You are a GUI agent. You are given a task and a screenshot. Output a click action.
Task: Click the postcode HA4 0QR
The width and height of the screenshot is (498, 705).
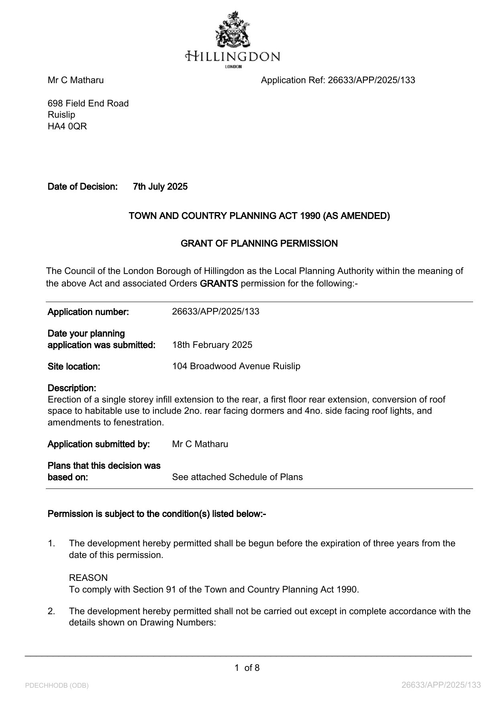(x=67, y=126)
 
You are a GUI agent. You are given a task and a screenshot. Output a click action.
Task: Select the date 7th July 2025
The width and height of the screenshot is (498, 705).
(x=160, y=186)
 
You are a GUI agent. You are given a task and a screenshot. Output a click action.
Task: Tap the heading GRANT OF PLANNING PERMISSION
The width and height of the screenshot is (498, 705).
(x=259, y=243)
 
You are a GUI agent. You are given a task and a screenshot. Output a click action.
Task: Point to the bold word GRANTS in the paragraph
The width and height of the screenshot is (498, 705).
(x=219, y=284)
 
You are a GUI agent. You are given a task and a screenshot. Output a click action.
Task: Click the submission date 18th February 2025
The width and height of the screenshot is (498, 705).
(x=212, y=345)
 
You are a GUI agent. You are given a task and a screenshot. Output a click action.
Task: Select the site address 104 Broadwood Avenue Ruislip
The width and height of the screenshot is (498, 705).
(x=236, y=366)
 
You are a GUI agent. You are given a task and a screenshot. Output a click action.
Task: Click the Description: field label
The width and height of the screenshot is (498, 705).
(x=72, y=388)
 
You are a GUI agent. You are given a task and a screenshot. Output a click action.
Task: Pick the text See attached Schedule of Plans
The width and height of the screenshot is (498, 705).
(x=237, y=477)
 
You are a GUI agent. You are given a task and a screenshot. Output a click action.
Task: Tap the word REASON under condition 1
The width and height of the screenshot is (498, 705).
(x=88, y=578)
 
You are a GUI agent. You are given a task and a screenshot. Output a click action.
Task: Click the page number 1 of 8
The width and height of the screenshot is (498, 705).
(x=247, y=668)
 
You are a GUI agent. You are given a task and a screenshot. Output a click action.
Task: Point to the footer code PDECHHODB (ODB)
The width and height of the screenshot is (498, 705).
(x=57, y=685)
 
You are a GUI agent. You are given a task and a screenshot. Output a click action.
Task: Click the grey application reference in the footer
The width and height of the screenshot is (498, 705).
(x=441, y=685)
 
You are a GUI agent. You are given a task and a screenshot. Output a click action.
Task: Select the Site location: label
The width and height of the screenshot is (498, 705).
(x=74, y=366)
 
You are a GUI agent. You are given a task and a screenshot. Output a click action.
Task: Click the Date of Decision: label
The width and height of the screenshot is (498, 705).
(x=83, y=186)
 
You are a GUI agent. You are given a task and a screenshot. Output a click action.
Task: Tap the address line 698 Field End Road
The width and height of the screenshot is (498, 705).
(x=88, y=103)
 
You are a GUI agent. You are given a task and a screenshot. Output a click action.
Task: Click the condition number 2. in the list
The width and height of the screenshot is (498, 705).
(x=51, y=611)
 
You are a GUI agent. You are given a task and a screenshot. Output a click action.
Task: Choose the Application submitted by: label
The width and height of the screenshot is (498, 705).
(x=99, y=444)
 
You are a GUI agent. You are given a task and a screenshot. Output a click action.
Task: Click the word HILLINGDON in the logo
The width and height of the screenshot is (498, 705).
(x=233, y=56)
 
